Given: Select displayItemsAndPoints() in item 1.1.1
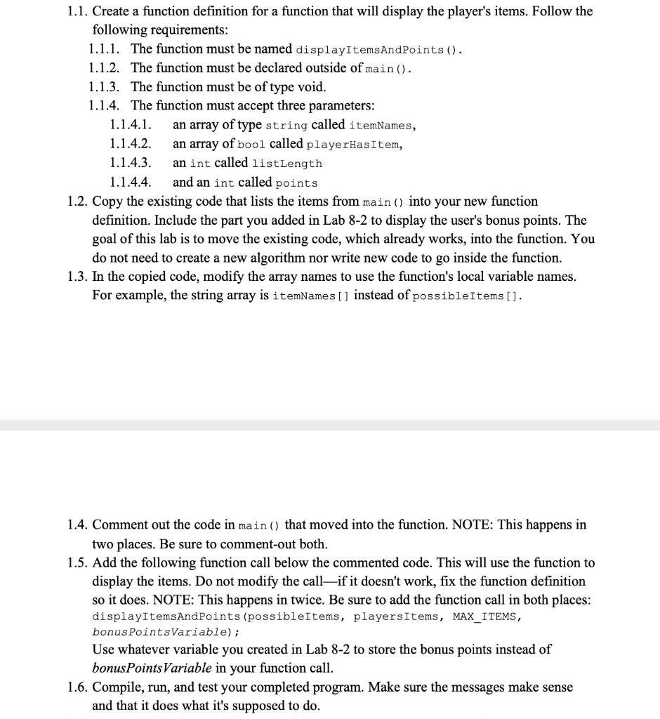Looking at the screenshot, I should pyautogui.click(x=378, y=51).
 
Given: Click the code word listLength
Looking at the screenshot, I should pyautogui.click(x=287, y=164).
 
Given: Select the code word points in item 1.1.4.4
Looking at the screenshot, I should pyautogui.click(x=296, y=183).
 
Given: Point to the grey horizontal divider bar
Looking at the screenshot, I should pyautogui.click(x=330, y=426).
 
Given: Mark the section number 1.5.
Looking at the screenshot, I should pyautogui.click(x=78, y=563).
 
